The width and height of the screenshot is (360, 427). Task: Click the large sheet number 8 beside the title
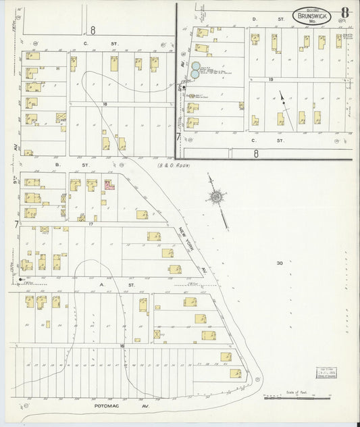click(x=344, y=13)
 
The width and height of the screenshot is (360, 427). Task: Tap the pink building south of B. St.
click(x=109, y=184)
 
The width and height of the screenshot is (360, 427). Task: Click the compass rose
click(x=216, y=197)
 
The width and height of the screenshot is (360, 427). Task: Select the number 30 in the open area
click(x=280, y=263)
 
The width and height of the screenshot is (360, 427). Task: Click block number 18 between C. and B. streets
click(x=105, y=103)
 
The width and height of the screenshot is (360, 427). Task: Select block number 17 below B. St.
click(x=89, y=222)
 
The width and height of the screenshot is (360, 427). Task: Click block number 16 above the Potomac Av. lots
click(x=122, y=345)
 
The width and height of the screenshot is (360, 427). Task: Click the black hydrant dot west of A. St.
click(x=22, y=278)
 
